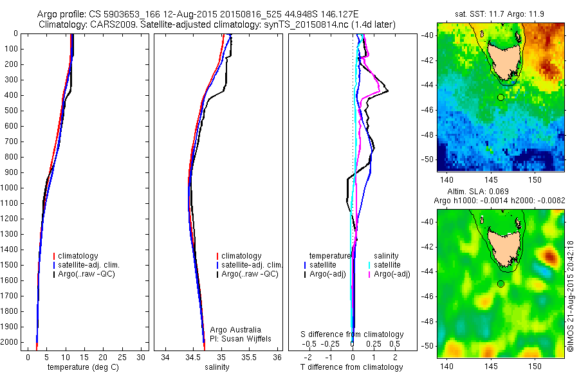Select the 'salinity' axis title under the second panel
coord(216,367)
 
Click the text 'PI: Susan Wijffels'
coord(241,338)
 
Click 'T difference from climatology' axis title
coord(352,367)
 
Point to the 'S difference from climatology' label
coord(352,334)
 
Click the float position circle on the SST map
coord(501,97)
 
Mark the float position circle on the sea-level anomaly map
coord(501,284)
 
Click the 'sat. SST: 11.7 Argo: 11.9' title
coord(501,14)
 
